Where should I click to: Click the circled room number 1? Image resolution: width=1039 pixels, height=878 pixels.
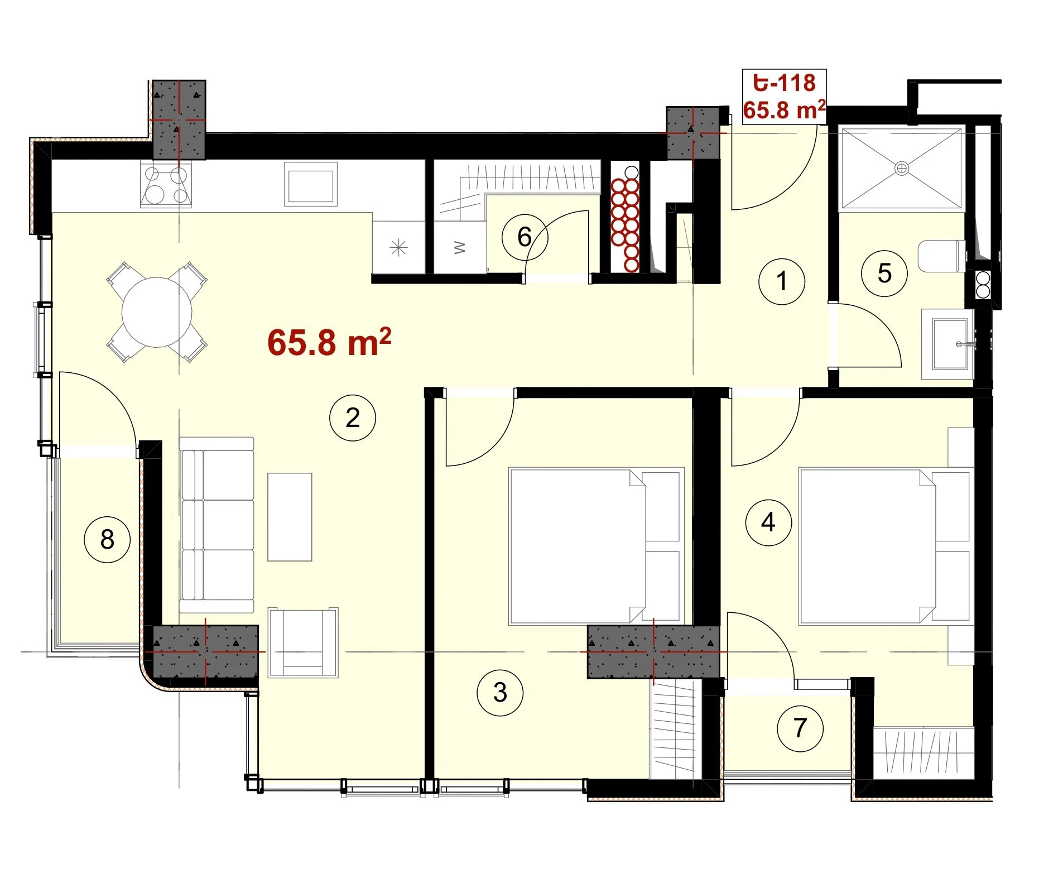781,281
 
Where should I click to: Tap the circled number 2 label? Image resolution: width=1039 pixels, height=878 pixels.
353,418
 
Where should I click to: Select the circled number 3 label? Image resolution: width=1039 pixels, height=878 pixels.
500,693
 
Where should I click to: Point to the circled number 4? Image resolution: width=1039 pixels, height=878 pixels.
768,522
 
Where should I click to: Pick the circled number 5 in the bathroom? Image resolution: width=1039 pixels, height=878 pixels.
884,274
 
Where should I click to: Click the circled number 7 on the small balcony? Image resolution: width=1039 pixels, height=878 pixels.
800,728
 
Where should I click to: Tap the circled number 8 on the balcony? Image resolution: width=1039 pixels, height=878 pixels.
107,539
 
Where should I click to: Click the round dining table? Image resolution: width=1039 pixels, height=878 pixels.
157,312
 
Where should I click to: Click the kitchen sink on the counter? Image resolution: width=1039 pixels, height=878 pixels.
311,184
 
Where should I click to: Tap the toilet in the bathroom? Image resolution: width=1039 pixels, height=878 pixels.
942,256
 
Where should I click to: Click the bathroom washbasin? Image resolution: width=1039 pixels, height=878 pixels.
949,344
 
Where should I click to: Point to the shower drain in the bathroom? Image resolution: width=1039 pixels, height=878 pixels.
902,168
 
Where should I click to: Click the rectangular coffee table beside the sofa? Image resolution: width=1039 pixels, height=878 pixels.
290,517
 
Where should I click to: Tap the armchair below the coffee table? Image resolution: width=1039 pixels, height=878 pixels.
303,643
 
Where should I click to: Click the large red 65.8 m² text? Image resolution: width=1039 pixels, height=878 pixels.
329,342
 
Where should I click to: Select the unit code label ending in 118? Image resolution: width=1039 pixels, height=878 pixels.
785,83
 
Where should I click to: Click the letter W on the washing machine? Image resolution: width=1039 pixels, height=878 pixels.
459,247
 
